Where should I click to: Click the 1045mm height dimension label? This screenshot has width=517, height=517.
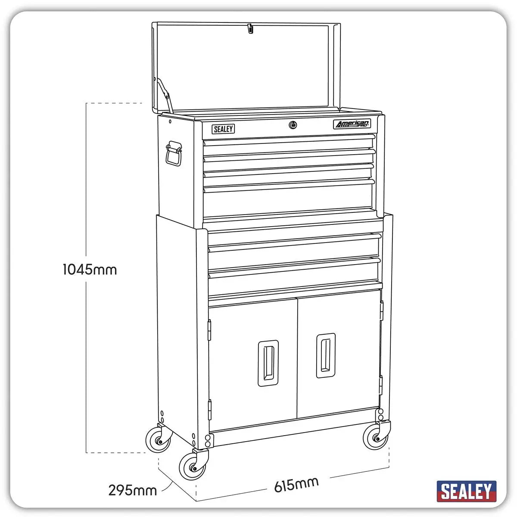[90, 270]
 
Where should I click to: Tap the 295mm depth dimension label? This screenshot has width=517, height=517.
[132, 490]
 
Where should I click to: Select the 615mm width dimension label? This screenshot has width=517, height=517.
[296, 485]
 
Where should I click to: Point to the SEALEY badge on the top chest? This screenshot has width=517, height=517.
[223, 129]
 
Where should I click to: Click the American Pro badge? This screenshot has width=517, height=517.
[352, 125]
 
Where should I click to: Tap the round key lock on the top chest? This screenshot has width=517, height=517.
[293, 125]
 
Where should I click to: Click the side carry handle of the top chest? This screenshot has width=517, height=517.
[174, 153]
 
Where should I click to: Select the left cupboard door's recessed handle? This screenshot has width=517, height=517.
[268, 363]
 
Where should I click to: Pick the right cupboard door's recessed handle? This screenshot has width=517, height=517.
[326, 355]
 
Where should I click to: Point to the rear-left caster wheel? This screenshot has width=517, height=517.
[158, 439]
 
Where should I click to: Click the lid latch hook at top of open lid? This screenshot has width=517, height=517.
[249, 29]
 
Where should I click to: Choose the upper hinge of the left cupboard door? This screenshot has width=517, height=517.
[209, 330]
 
